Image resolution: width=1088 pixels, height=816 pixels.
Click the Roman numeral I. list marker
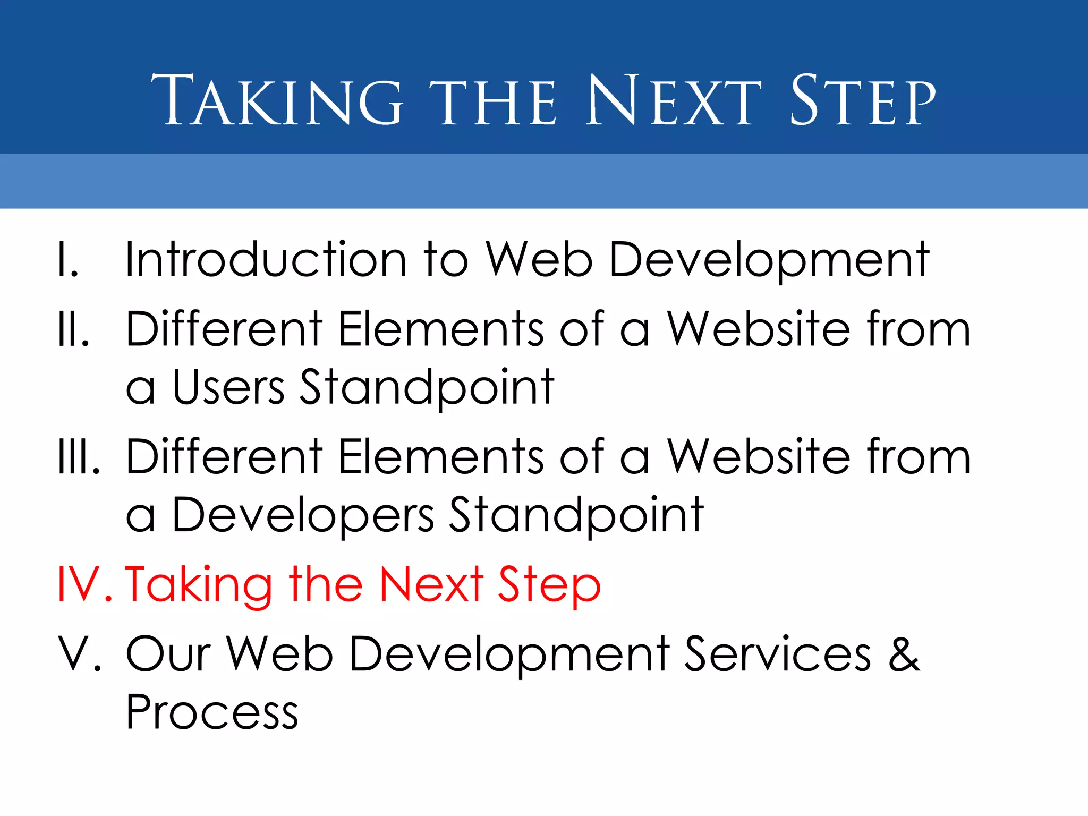(68, 260)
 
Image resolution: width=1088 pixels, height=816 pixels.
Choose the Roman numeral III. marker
(79, 457)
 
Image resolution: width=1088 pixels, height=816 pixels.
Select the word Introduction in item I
(266, 260)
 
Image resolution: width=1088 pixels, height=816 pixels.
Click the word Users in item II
(228, 388)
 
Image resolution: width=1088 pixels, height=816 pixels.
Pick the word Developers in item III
(303, 515)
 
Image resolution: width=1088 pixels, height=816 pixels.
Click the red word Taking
(198, 584)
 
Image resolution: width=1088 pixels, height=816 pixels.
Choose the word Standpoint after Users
(427, 388)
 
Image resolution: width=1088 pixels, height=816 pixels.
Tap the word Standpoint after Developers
(576, 515)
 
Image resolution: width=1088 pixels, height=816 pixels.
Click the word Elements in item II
(441, 329)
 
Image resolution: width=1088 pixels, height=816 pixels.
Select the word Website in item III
(759, 457)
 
